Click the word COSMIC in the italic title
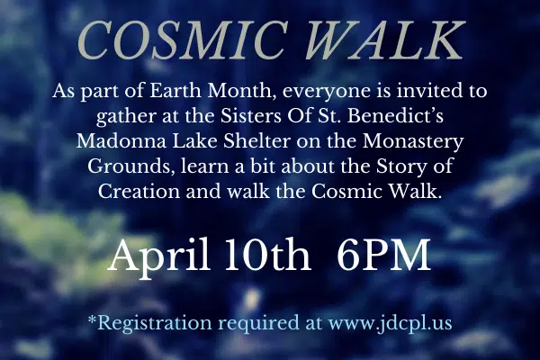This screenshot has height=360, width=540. pos(183,40)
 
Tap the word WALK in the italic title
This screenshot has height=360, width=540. pos(384,40)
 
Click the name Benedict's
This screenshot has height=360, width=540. pos(395,116)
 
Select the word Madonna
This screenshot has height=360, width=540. pos(121,141)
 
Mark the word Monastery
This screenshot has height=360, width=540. pos(413,142)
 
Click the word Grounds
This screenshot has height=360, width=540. pos(130,166)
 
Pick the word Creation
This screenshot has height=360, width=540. pos(139,191)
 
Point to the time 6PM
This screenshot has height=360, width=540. pos(383,255)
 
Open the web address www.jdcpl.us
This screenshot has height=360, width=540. pos(390,324)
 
